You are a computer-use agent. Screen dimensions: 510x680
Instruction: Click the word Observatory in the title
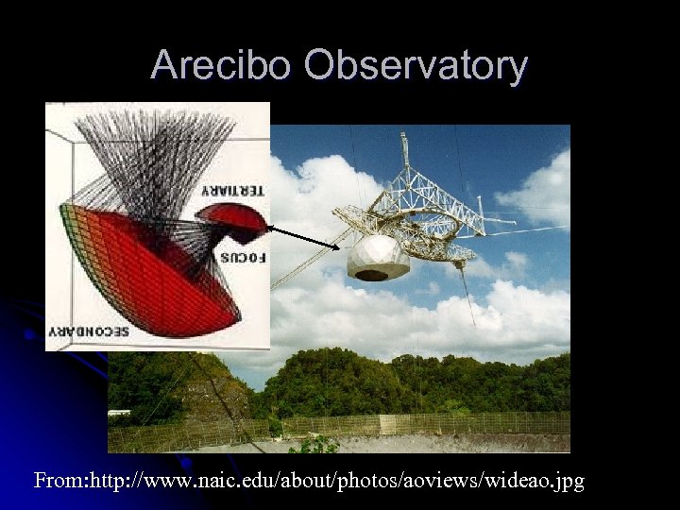pyautogui.click(x=416, y=65)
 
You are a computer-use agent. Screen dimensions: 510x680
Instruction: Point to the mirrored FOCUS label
pyautogui.click(x=244, y=257)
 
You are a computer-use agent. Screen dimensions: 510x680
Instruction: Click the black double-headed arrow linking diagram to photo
pyautogui.click(x=302, y=237)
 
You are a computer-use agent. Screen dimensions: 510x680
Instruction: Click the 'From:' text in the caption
pyautogui.click(x=59, y=482)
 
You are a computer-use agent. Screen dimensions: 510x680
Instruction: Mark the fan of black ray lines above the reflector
pyautogui.click(x=161, y=151)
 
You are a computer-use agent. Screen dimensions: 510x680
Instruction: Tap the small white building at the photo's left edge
pyautogui.click(x=119, y=414)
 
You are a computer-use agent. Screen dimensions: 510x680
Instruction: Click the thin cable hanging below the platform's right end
pyautogui.click(x=468, y=293)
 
